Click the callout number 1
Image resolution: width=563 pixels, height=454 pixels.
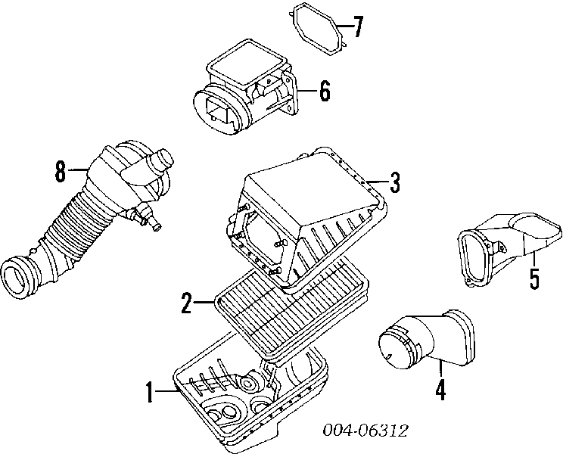point(150,392)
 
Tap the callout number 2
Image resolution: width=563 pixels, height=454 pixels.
point(187,303)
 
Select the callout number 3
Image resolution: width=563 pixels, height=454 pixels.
point(394,182)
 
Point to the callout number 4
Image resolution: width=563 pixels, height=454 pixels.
point(440,390)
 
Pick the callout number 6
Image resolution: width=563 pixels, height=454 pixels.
point(325,91)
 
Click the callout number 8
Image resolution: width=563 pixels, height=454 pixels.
point(61,171)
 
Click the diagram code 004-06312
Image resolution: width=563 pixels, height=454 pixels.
point(365,430)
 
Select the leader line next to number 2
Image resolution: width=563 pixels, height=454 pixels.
point(204,303)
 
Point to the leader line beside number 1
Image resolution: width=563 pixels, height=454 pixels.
point(166,391)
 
